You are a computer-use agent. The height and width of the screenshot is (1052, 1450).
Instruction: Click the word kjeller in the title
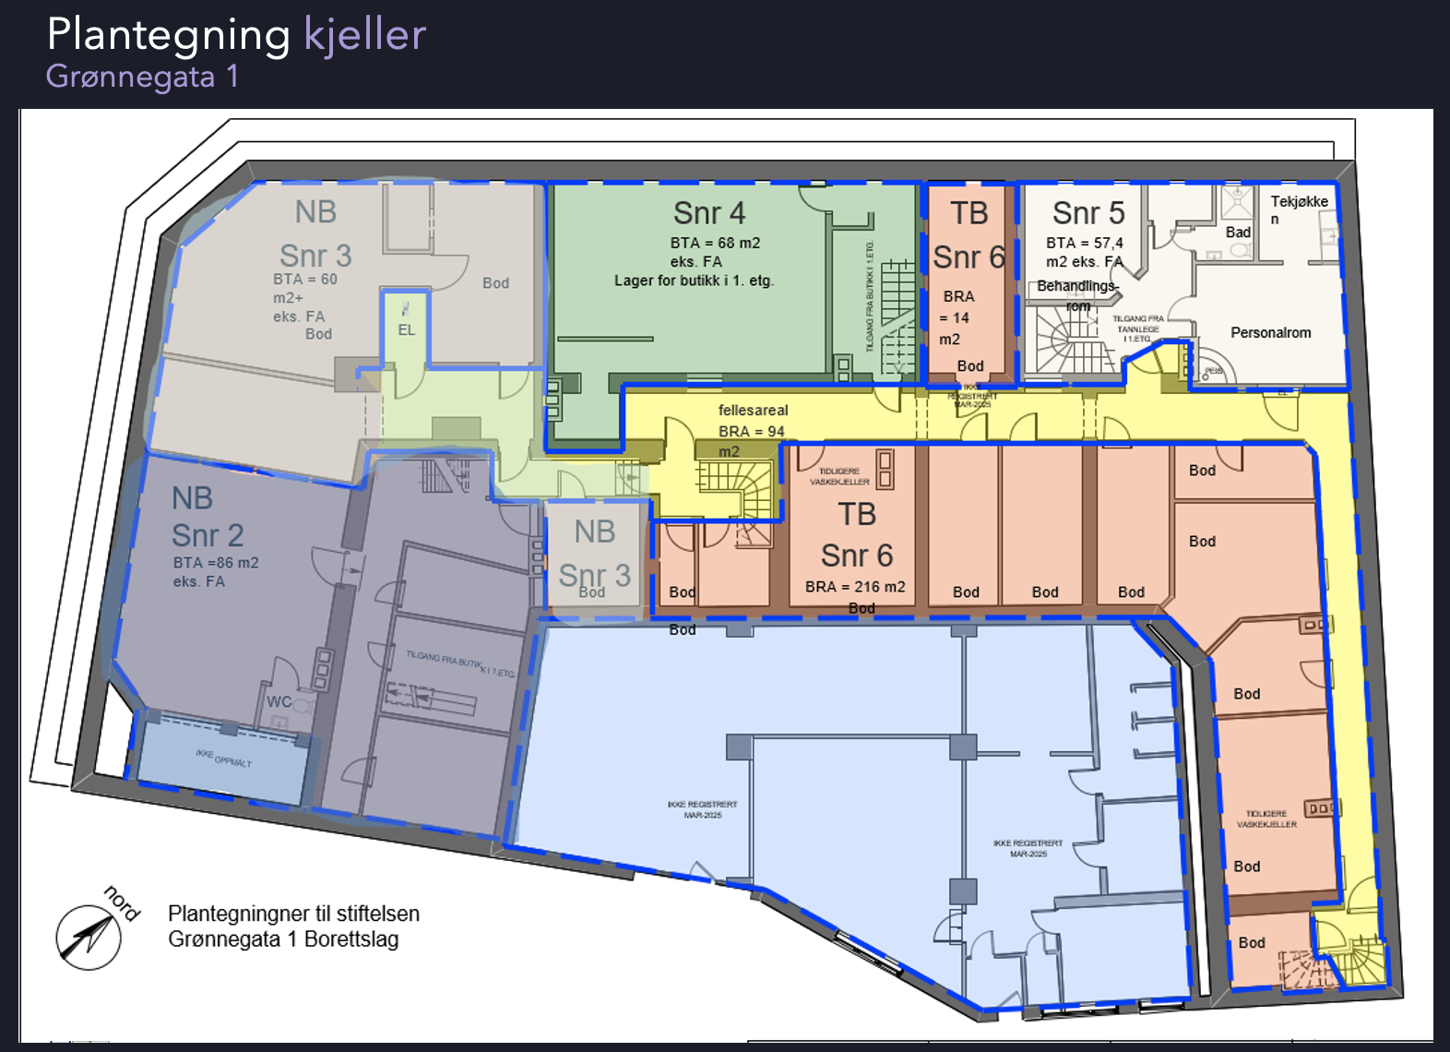pyautogui.click(x=364, y=35)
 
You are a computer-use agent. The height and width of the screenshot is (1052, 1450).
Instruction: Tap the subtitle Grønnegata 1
pyautogui.click(x=142, y=76)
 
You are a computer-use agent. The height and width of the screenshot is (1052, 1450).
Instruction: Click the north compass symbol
pyautogui.click(x=89, y=937)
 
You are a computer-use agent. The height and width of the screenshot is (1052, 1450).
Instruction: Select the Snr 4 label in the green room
pyautogui.click(x=708, y=213)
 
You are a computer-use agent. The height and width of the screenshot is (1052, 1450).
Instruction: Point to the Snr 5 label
pyautogui.click(x=1088, y=213)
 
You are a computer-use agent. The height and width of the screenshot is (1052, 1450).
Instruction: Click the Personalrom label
pyautogui.click(x=1270, y=332)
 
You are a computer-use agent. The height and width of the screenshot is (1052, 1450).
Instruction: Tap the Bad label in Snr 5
pyautogui.click(x=1238, y=232)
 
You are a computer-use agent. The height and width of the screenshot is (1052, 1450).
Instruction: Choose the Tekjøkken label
pyautogui.click(x=1299, y=209)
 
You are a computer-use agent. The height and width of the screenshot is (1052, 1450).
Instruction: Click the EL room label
pyautogui.click(x=407, y=329)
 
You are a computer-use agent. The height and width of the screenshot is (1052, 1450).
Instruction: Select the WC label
pyautogui.click(x=279, y=701)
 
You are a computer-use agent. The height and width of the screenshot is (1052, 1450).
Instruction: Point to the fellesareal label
pyautogui.click(x=753, y=410)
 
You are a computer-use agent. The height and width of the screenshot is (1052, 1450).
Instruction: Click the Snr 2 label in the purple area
pyautogui.click(x=208, y=535)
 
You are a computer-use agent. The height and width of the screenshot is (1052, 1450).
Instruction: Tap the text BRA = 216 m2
pyautogui.click(x=855, y=586)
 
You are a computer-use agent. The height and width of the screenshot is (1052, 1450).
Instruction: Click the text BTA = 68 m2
pyautogui.click(x=715, y=243)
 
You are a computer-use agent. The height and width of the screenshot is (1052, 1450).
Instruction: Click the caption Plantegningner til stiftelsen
pyautogui.click(x=293, y=914)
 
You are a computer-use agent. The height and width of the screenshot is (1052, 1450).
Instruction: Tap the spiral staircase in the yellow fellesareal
pyautogui.click(x=735, y=484)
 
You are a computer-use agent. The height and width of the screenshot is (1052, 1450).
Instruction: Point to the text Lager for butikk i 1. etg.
pyautogui.click(x=694, y=281)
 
